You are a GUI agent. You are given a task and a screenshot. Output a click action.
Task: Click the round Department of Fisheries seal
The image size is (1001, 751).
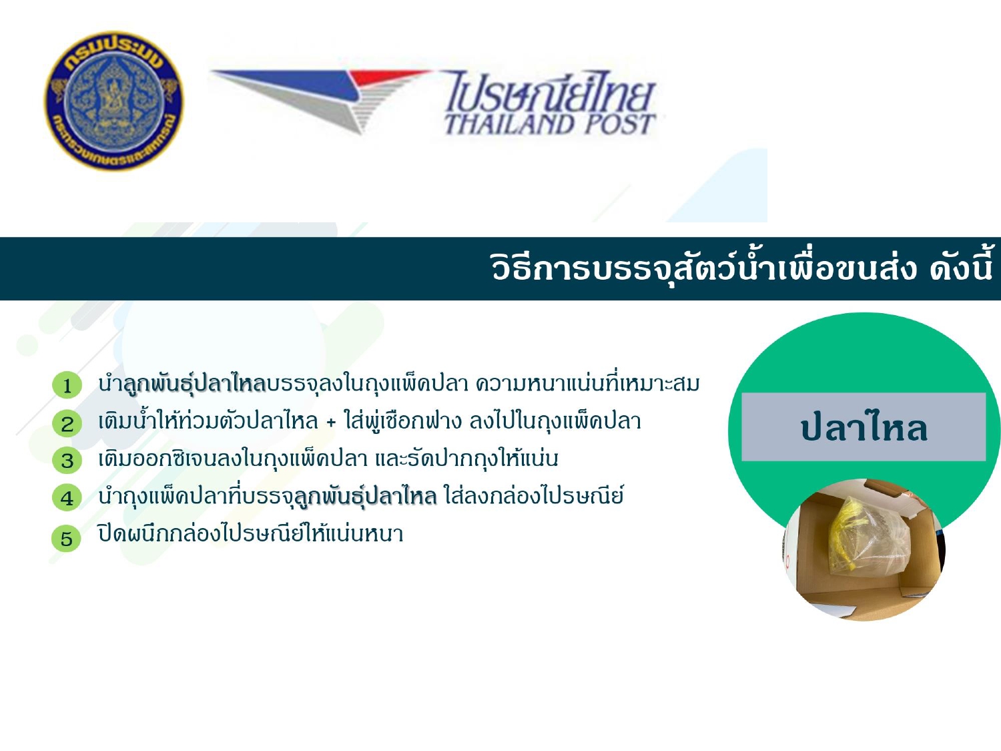pos(114,101)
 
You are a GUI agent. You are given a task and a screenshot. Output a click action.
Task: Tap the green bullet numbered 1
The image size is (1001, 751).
pos(67,385)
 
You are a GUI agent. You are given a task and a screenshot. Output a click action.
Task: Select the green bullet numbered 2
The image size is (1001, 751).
pos(67,423)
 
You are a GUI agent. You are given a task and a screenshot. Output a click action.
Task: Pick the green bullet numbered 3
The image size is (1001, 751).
pos(67,460)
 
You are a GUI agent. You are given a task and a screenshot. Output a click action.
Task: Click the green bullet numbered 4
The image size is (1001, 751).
pos(67,497)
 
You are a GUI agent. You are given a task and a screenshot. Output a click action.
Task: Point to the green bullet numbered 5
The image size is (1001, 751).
pos(67,538)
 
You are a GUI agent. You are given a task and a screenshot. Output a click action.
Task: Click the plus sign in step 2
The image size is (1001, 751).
pos(332,423)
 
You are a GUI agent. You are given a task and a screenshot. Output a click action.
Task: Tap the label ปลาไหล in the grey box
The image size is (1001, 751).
pos(864,428)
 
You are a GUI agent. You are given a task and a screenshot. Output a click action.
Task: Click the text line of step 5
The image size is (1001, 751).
pos(251,533)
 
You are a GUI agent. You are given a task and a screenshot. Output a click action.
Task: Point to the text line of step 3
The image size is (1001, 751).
pos(328,458)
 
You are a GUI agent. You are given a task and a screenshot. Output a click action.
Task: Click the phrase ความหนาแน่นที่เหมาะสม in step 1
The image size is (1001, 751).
pos(588,384)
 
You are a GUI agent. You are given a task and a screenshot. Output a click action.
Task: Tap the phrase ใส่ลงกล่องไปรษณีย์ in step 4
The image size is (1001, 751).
pos(534,495)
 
